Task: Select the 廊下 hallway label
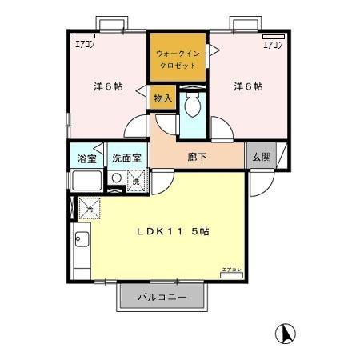(x=198, y=157)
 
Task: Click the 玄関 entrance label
(x=262, y=157)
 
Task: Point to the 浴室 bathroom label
(x=85, y=158)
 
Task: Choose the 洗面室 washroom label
(x=125, y=158)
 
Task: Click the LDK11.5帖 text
(x=173, y=231)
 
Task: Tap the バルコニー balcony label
(x=162, y=298)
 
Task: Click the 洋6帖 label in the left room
(x=106, y=86)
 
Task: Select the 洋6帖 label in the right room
(x=248, y=86)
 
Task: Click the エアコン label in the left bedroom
(x=82, y=44)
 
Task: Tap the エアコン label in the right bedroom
(x=274, y=44)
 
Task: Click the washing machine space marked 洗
(x=136, y=182)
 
